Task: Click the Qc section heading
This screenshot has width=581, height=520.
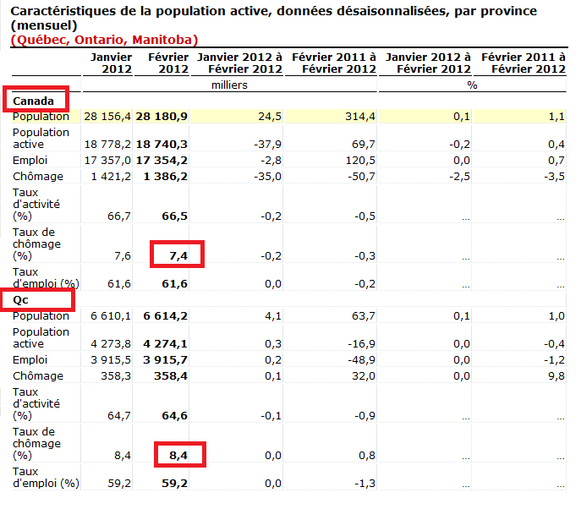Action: [x=22, y=299]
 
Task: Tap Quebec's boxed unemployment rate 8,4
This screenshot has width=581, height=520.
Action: [x=177, y=455]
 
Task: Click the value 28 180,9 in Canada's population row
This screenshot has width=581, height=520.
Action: [x=161, y=116]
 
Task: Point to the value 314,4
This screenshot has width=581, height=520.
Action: [x=359, y=116]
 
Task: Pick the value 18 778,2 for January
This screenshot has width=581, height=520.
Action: [x=107, y=145]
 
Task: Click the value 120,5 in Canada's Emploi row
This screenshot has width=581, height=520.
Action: [x=359, y=160]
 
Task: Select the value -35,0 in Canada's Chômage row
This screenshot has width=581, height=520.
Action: [x=267, y=176]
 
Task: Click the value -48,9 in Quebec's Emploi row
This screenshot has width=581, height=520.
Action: [x=359, y=359]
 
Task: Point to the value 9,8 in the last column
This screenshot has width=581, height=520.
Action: [x=555, y=375]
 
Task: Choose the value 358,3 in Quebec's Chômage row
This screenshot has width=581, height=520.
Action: [x=113, y=375]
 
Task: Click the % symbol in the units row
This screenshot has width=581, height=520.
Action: [x=472, y=85]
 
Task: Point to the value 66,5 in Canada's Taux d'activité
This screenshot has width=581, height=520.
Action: [x=174, y=216]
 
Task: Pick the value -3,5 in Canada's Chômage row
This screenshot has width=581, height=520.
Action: [x=553, y=176]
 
